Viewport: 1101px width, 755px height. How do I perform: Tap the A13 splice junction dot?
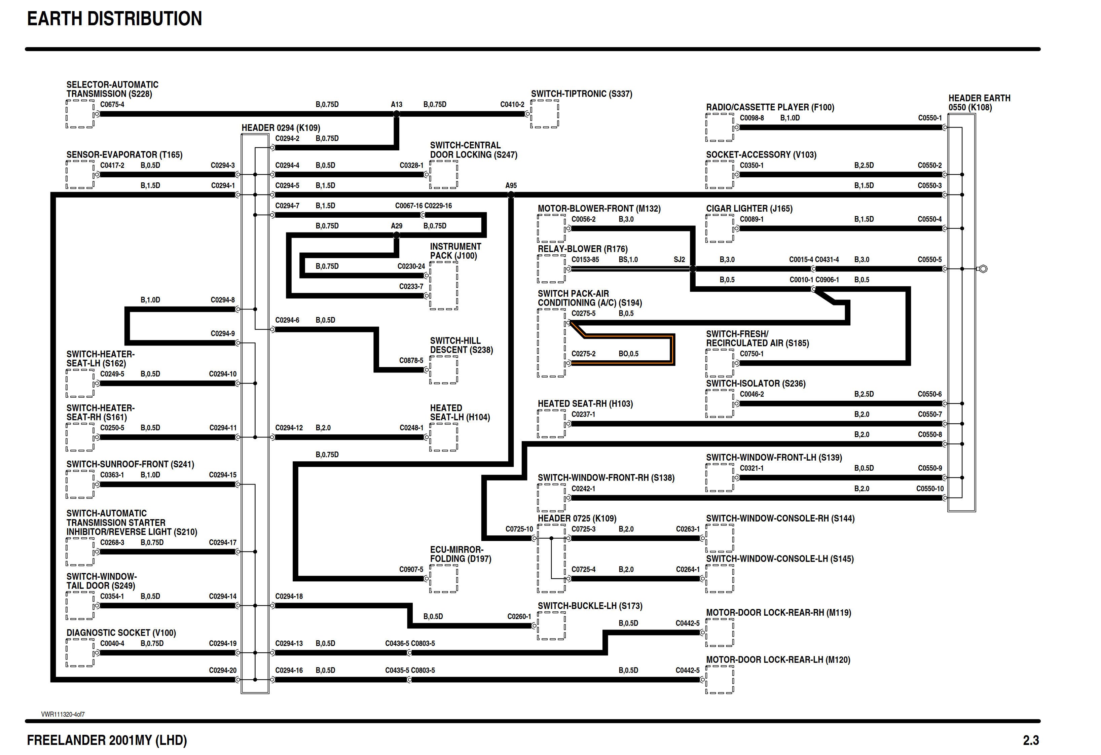pyautogui.click(x=397, y=114)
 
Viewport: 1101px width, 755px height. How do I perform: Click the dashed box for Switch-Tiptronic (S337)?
pyautogui.click(x=545, y=114)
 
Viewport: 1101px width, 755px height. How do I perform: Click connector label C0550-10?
pyautogui.click(x=929, y=489)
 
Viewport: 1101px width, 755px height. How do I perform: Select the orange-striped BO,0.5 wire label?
pyautogui.click(x=628, y=354)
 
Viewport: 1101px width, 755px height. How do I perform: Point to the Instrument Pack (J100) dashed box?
pyautogui.click(x=443, y=286)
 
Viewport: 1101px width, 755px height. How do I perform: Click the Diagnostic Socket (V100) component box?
pyautogui.click(x=80, y=653)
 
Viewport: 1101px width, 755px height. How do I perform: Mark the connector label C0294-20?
pyautogui.click(x=222, y=670)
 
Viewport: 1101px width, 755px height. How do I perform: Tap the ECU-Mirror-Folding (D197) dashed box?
pyautogui.click(x=443, y=579)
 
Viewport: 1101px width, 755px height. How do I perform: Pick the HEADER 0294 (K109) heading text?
pyautogui.click(x=281, y=128)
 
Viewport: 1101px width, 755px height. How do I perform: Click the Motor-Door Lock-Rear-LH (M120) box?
pyautogui.click(x=720, y=680)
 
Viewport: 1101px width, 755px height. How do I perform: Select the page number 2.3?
pyautogui.click(x=1031, y=740)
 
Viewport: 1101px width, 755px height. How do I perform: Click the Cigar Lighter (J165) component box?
pyautogui.click(x=720, y=228)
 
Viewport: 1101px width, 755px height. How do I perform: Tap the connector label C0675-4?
pyautogui.click(x=112, y=104)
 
